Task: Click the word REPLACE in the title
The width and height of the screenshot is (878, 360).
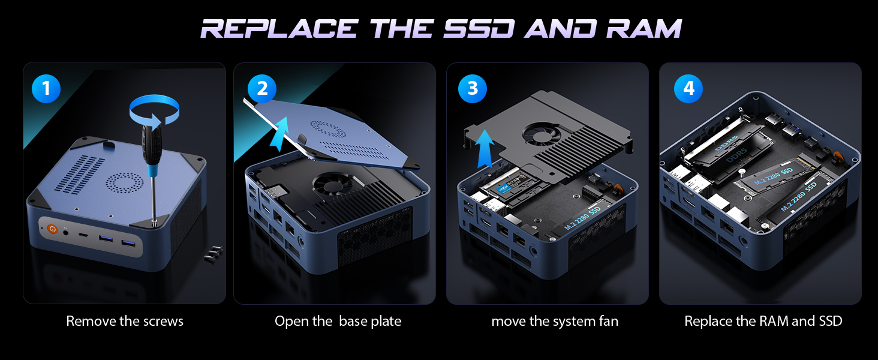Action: tap(279, 29)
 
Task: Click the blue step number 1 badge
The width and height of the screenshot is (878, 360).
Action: tap(46, 89)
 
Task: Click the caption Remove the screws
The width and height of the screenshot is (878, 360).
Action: tap(125, 321)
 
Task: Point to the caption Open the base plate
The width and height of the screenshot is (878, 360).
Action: tap(338, 321)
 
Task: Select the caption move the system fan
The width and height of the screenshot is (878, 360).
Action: tap(555, 321)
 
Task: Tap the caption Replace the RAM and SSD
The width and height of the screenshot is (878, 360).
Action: tap(763, 321)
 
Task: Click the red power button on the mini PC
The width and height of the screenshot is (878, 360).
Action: tap(52, 229)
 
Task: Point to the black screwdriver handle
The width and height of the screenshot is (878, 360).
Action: tap(148, 144)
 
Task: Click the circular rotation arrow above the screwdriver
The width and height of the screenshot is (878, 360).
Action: tap(155, 111)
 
